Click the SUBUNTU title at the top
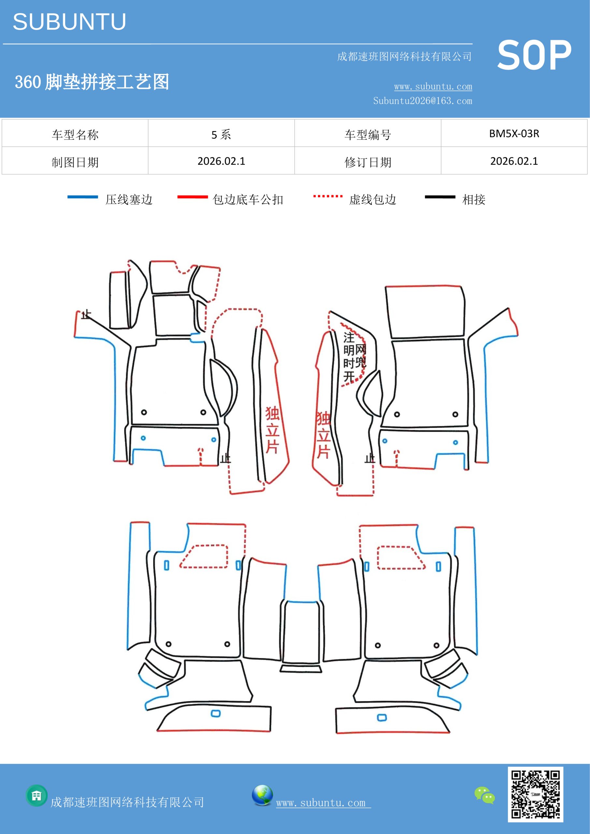[x=69, y=22]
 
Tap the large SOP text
[x=534, y=56]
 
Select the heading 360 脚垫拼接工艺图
[x=92, y=82]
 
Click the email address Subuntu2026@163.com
[x=423, y=101]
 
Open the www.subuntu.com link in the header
[x=433, y=86]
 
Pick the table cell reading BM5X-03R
[x=514, y=134]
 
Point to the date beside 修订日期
[x=514, y=161]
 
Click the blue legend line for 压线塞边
[x=82, y=197]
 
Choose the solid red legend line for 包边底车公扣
[x=193, y=197]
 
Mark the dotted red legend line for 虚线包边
[x=328, y=196]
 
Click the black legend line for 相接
[x=440, y=197]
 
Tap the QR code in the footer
[x=536, y=794]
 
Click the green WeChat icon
[x=485, y=795]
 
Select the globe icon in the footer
[x=262, y=795]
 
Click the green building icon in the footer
[x=37, y=796]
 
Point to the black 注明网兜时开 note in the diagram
[x=354, y=357]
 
